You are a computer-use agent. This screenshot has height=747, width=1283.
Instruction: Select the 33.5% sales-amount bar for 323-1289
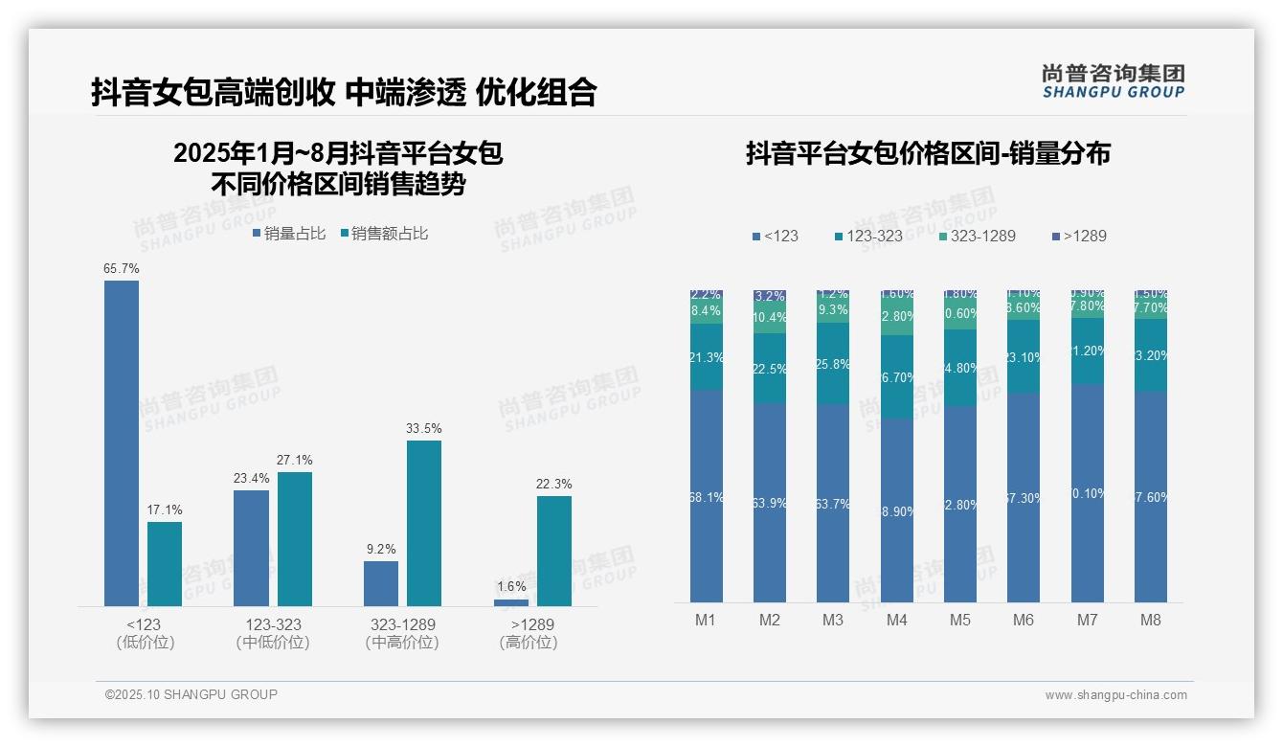[424, 523]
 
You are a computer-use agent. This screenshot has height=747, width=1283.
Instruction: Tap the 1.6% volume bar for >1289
[511, 602]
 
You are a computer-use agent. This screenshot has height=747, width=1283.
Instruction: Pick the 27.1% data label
[294, 461]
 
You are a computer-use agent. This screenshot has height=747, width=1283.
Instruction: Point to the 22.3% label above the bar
[554, 485]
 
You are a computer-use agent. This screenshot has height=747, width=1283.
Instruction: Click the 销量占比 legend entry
[289, 234]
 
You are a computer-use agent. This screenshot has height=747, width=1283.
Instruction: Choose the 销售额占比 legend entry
[384, 234]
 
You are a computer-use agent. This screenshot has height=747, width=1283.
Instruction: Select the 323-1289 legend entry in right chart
[977, 236]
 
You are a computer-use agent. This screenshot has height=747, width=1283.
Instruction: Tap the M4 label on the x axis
[896, 620]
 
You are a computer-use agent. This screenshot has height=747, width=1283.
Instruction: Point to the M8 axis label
[1150, 620]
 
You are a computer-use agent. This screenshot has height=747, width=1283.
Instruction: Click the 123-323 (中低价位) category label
[273, 633]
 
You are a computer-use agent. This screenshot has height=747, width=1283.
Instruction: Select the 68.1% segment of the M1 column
[707, 496]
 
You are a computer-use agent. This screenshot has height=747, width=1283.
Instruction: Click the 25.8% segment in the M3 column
[833, 364]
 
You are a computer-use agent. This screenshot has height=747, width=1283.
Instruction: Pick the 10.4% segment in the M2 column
[770, 318]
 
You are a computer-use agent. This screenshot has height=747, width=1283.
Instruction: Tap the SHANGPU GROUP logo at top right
[1113, 81]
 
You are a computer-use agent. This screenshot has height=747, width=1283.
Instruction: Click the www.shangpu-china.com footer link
[1115, 695]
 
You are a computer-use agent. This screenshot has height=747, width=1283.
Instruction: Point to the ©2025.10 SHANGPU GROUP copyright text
[191, 694]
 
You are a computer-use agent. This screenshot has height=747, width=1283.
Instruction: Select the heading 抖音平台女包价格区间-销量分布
[928, 153]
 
